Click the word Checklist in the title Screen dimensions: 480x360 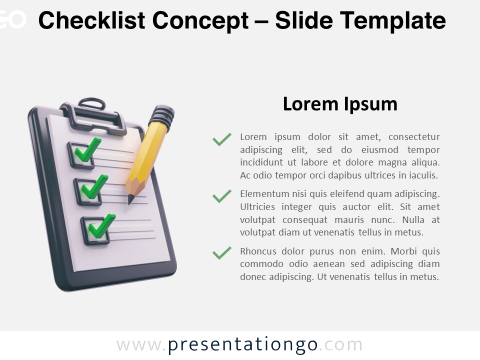[91, 20]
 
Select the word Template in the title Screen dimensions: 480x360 [393, 20]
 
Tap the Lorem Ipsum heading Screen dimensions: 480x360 [340, 104]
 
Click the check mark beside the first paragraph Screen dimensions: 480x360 [222, 139]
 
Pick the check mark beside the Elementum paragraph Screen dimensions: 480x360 [222, 196]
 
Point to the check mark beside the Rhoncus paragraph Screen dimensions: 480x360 [222, 253]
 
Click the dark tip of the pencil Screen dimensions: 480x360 [130, 199]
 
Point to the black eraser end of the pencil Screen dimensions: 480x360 [163, 115]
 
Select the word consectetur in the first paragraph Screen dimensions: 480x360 [414, 136]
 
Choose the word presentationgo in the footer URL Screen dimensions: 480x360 [242, 344]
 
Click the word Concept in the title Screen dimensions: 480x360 [200, 20]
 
